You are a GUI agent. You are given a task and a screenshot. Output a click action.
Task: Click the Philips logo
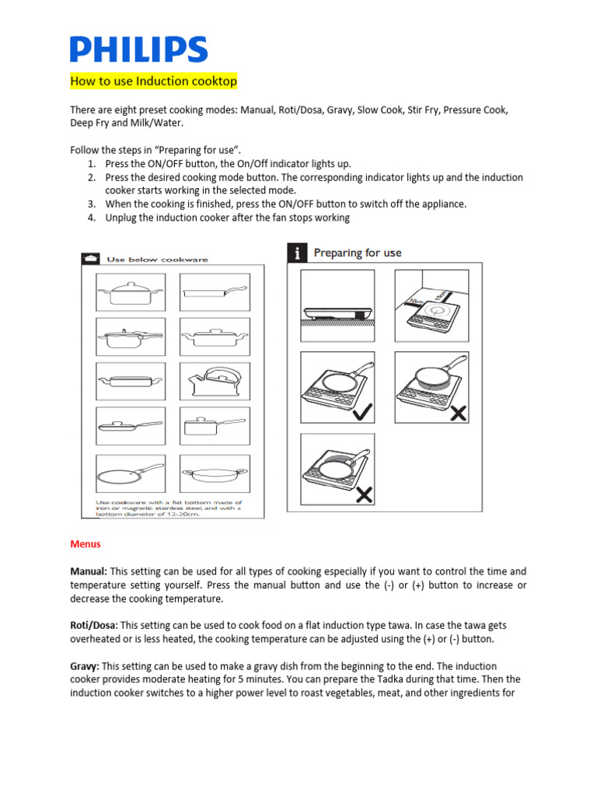click(138, 49)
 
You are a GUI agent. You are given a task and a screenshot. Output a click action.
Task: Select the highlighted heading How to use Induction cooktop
click(153, 81)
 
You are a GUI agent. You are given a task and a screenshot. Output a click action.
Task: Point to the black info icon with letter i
click(296, 253)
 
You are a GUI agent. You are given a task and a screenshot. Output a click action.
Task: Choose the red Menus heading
click(86, 544)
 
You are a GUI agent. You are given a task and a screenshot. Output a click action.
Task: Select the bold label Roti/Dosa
click(93, 625)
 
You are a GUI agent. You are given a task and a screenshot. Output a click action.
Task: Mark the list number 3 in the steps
click(90, 204)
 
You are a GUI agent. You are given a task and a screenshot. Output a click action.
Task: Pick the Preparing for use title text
click(358, 253)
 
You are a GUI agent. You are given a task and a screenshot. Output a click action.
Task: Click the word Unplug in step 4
click(121, 218)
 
